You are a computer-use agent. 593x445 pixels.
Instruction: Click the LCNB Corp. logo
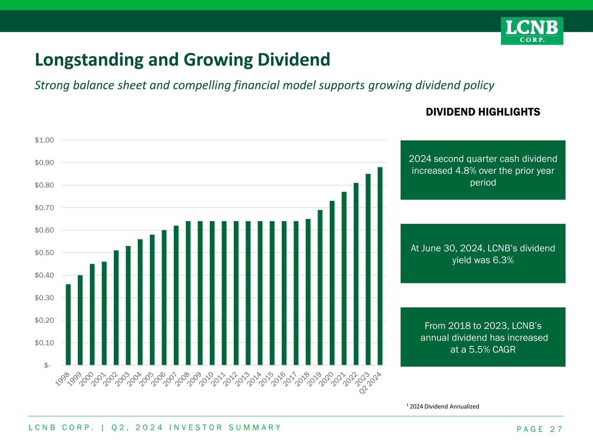[x=532, y=31]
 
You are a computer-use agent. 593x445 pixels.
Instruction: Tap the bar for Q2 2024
[x=380, y=266]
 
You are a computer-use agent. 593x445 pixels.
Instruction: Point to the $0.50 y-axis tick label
[x=44, y=252]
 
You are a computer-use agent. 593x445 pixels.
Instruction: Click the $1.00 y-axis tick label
[x=44, y=140]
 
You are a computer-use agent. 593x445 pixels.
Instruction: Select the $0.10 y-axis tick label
[x=44, y=343]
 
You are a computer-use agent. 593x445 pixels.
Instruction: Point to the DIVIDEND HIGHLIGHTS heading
[x=483, y=112]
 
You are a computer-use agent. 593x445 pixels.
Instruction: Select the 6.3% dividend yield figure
[x=504, y=260]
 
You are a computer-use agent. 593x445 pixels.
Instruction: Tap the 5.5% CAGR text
[x=483, y=349]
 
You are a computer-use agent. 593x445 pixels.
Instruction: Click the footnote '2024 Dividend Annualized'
[x=444, y=407]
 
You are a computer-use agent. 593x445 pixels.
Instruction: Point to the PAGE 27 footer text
[x=540, y=429]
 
